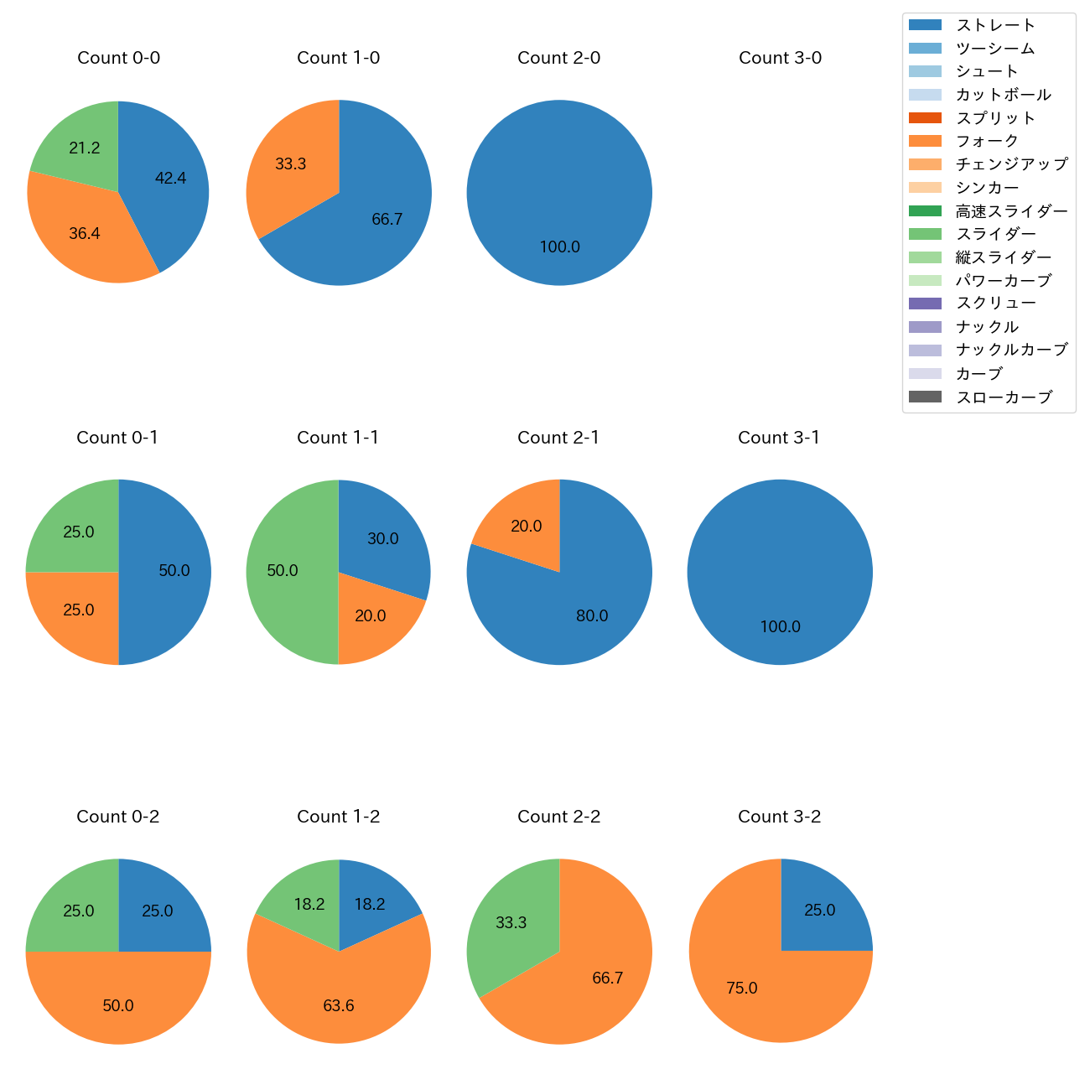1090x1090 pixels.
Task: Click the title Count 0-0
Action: (118, 58)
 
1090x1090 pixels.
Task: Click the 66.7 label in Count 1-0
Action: (387, 220)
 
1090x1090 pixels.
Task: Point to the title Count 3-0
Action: (780, 58)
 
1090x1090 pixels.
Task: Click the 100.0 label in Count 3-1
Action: (780, 627)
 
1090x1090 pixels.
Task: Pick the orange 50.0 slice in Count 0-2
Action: (118, 1002)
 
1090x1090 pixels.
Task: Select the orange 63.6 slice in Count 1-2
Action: (339, 1002)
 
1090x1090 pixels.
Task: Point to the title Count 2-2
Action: (558, 817)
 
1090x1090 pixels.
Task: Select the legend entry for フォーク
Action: (987, 141)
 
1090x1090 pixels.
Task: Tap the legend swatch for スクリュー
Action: (925, 304)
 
